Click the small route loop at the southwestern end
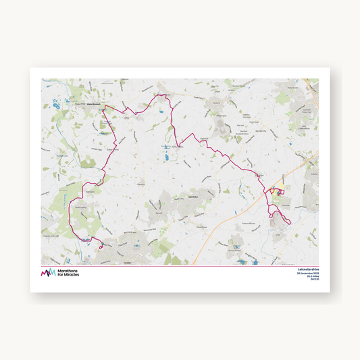(x=101, y=247)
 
